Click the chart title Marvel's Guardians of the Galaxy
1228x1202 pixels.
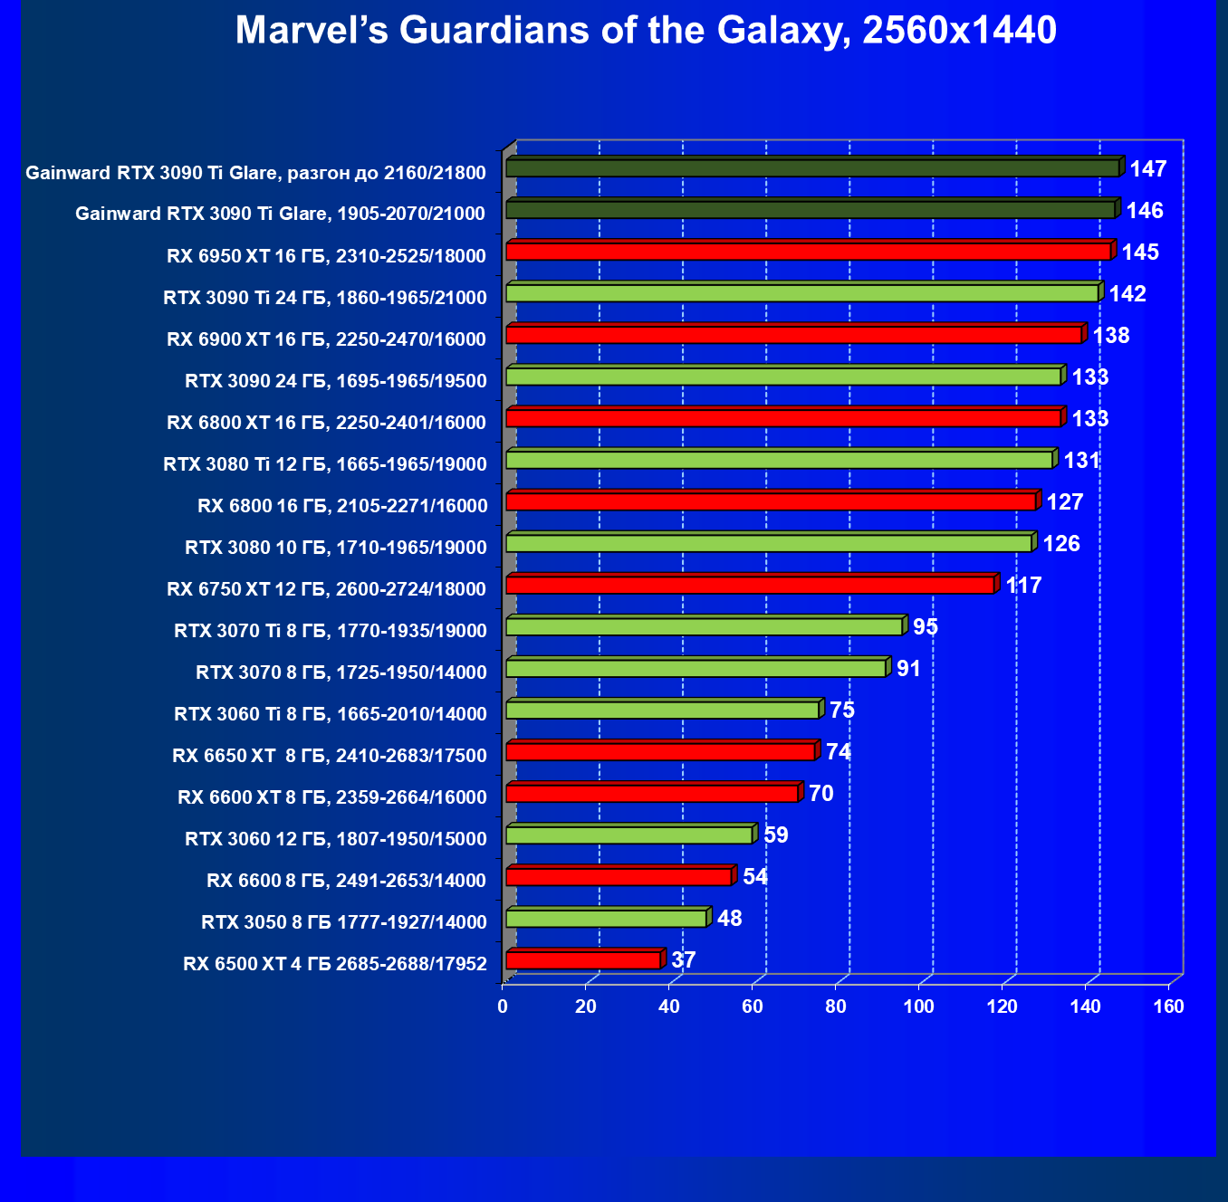646,31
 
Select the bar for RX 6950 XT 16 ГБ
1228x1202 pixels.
808,252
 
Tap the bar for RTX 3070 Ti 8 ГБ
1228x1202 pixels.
704,626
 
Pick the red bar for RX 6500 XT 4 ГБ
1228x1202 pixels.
583,959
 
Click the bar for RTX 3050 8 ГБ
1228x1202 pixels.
606,918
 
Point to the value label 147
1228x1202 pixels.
1148,169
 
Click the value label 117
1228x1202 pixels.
1023,586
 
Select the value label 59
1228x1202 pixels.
776,835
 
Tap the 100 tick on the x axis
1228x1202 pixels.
919,1006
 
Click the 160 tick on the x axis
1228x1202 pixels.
1169,1006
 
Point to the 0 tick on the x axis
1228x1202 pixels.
503,1006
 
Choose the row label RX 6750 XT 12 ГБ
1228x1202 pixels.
327,589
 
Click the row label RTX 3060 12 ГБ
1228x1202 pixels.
336,839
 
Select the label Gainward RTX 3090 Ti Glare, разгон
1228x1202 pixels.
256,173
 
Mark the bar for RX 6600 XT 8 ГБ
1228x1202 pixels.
652,793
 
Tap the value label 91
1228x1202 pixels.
908,669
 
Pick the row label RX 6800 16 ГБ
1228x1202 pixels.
342,506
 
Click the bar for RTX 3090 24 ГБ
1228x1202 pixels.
783,377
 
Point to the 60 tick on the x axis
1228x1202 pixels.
753,1006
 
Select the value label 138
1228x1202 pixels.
1111,336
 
